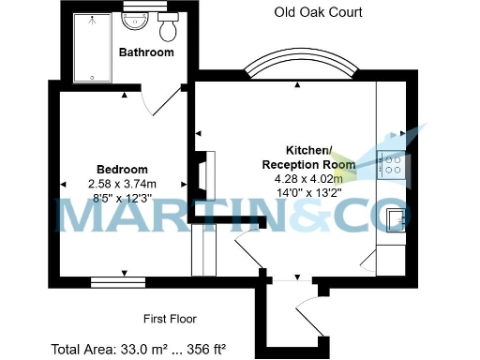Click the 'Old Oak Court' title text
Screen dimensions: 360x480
click(x=318, y=12)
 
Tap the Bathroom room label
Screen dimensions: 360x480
click(x=146, y=52)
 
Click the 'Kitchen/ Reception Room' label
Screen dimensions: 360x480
click(x=308, y=157)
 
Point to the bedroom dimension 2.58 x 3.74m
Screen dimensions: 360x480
click(x=122, y=184)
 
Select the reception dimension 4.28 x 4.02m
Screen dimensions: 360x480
click(x=308, y=178)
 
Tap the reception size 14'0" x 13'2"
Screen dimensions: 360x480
click(x=308, y=192)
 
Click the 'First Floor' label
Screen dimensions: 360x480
click(x=170, y=318)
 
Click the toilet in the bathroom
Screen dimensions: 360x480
click(x=169, y=28)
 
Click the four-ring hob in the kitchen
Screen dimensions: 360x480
click(x=390, y=167)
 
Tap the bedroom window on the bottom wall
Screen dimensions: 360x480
click(x=122, y=279)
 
